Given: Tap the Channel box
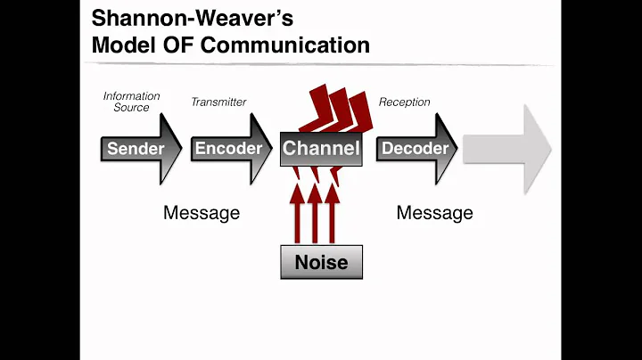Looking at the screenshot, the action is click(321, 149).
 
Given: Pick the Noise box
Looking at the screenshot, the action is click(321, 262).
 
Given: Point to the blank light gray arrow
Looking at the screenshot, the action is click(507, 150).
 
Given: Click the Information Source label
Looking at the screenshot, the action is click(131, 102).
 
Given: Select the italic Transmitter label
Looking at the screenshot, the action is click(218, 102).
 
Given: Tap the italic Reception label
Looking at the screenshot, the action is click(404, 102).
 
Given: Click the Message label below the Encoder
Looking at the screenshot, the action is click(202, 213).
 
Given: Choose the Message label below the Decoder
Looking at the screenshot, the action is click(435, 213).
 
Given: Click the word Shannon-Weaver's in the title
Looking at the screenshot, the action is click(193, 19).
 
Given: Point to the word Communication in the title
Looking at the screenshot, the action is click(285, 45).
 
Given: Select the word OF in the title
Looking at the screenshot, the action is click(177, 45).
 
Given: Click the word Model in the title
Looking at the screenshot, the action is click(124, 45).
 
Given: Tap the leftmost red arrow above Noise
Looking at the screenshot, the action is click(297, 214).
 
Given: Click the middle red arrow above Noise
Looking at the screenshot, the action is click(315, 214).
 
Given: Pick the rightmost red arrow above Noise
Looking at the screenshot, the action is click(332, 214).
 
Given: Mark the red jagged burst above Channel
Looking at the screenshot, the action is click(336, 110).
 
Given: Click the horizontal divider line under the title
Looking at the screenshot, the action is click(319, 64).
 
